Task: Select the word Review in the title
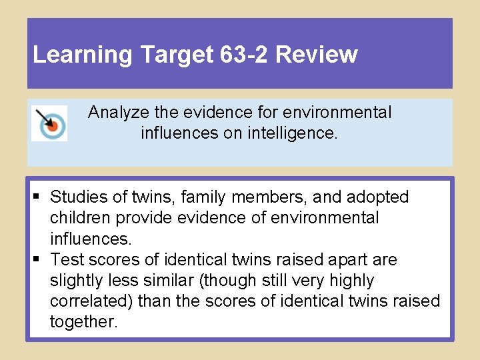pyautogui.click(x=317, y=55)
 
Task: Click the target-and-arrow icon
pyautogui.click(x=50, y=123)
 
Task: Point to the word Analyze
pyautogui.click(x=117, y=113)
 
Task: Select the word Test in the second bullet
pyautogui.click(x=65, y=259)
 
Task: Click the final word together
pyautogui.click(x=83, y=322)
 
